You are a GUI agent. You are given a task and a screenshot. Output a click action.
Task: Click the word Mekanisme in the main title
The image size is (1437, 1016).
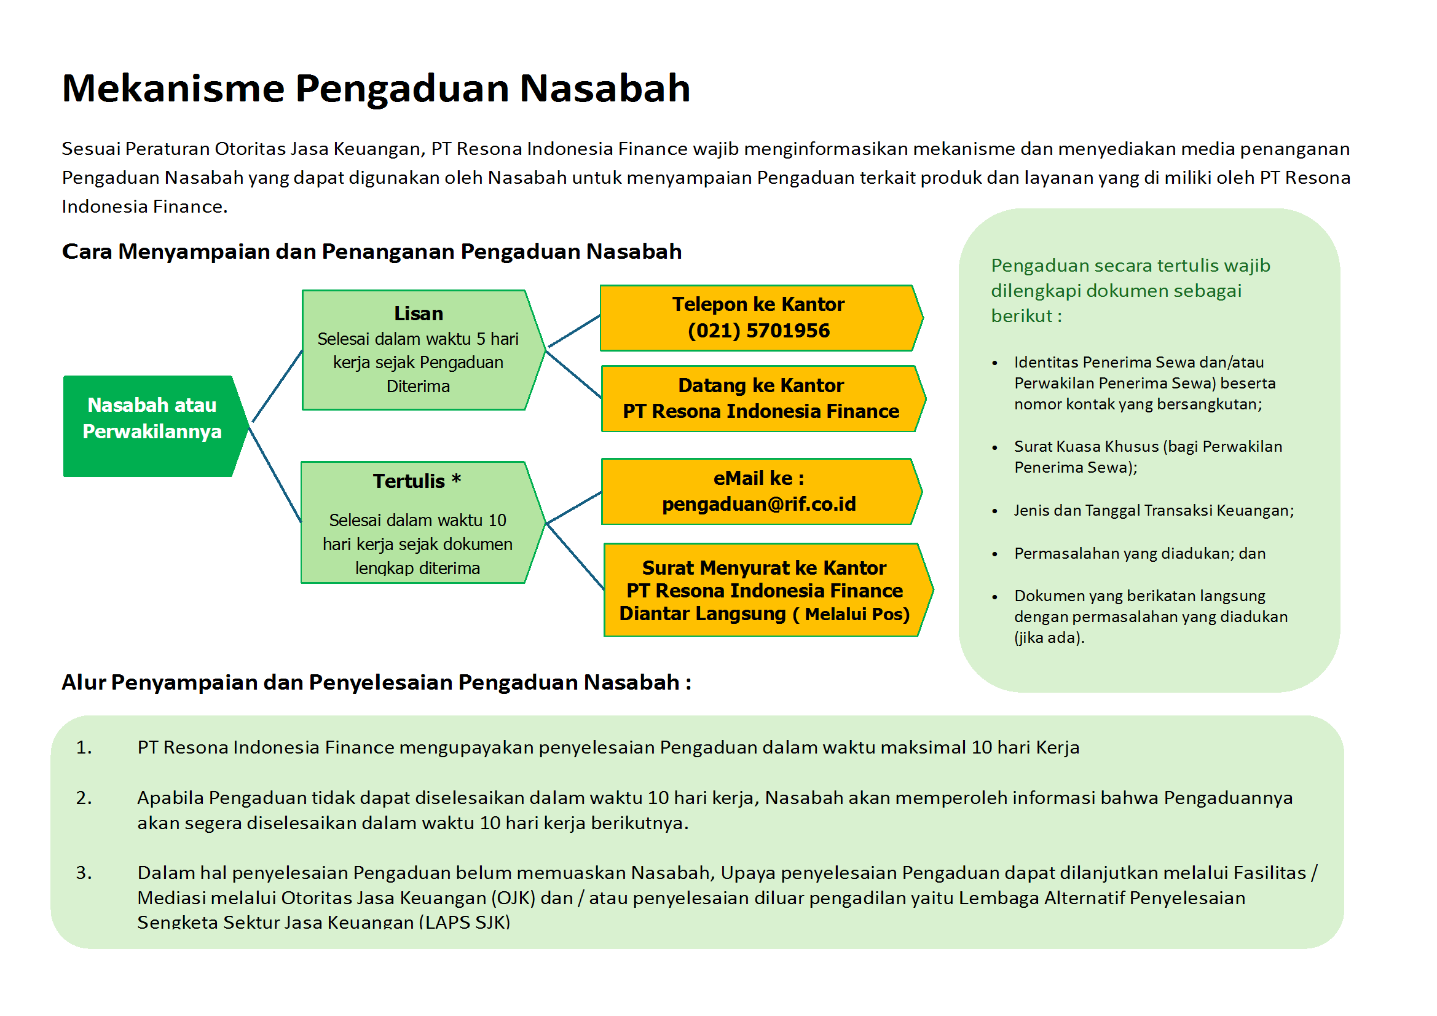(x=173, y=89)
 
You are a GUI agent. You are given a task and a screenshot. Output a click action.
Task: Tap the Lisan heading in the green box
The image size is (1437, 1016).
(x=419, y=313)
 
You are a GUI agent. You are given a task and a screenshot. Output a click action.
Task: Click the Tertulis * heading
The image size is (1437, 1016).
(x=417, y=481)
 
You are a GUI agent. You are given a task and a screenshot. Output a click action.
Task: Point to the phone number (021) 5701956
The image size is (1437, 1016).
(x=758, y=331)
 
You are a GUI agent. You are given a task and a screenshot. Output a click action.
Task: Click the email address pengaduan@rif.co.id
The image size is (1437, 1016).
(x=758, y=505)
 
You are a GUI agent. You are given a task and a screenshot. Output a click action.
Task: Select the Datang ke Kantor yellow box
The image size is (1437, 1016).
(x=761, y=399)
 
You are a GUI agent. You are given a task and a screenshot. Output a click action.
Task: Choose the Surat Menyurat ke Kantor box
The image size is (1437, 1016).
(x=765, y=590)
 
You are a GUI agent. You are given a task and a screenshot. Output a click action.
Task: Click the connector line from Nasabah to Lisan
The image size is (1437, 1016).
(x=278, y=386)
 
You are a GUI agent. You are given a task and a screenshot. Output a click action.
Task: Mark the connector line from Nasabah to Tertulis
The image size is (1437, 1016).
(x=275, y=476)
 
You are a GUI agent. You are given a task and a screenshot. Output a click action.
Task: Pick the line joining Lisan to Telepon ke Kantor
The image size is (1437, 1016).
(x=574, y=331)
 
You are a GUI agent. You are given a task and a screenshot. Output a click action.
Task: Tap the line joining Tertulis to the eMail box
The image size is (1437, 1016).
(x=574, y=508)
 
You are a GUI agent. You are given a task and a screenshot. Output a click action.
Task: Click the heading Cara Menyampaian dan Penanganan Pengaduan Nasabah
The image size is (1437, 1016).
(x=371, y=251)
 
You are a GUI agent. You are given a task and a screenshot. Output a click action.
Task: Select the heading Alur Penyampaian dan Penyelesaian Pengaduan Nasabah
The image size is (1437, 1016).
(x=376, y=682)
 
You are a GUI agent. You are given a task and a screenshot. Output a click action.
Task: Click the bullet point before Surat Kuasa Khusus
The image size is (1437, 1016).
(x=994, y=447)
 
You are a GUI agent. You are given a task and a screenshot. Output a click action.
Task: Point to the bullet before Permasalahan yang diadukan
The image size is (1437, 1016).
(x=994, y=554)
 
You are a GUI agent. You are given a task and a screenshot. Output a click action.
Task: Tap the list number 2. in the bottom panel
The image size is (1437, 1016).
(x=84, y=798)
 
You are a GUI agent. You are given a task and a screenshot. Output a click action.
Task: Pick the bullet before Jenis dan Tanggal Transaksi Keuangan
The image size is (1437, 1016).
(x=994, y=511)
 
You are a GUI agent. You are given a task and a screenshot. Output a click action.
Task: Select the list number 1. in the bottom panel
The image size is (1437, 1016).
(x=84, y=747)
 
